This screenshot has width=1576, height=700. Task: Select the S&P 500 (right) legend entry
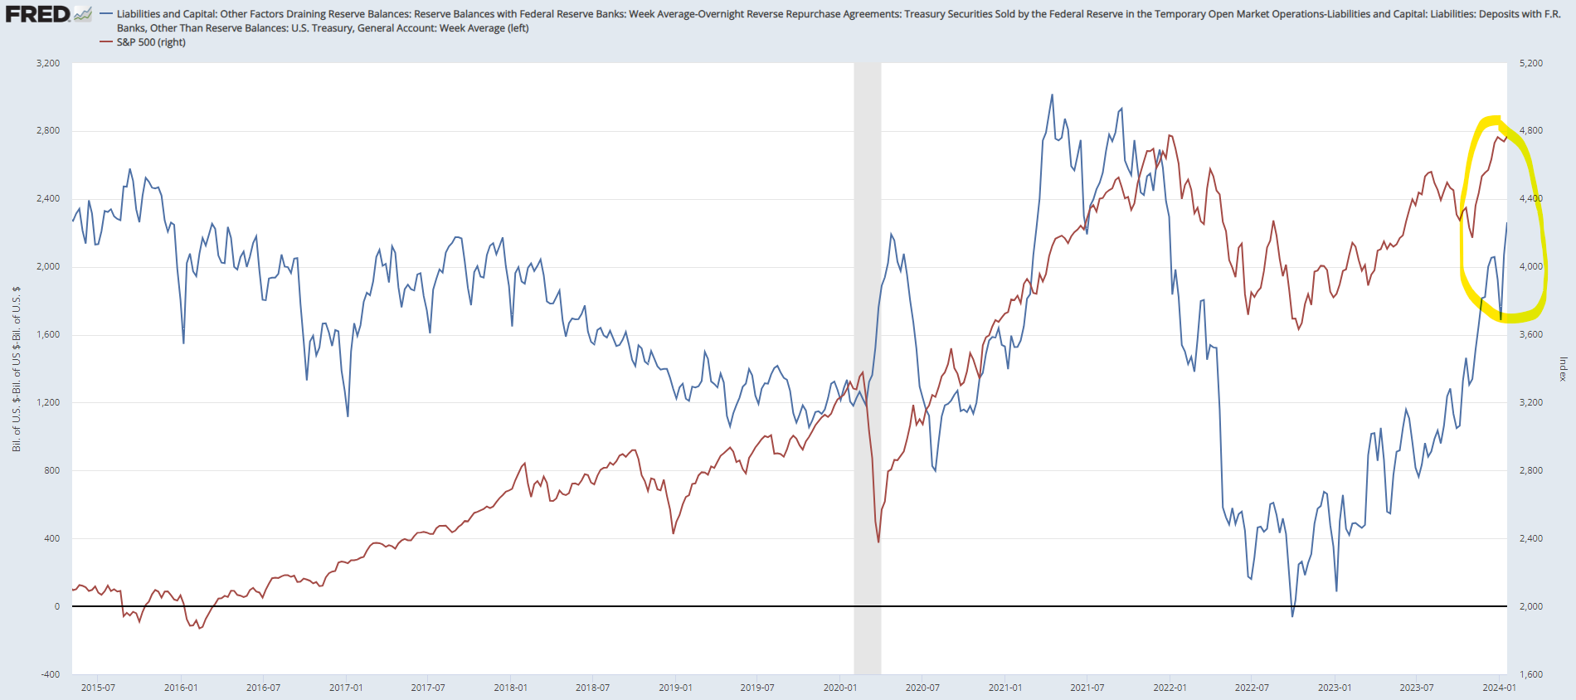(x=150, y=42)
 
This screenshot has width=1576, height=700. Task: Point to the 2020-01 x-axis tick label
(x=839, y=688)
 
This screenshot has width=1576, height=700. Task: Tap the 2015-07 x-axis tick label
(x=98, y=688)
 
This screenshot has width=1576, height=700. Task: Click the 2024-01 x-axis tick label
(x=1499, y=688)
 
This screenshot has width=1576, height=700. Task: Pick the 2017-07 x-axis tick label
(x=428, y=688)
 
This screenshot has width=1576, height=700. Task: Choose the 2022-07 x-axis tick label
(x=1252, y=688)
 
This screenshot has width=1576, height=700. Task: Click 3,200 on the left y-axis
(x=48, y=63)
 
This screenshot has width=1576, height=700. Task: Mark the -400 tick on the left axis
(x=51, y=674)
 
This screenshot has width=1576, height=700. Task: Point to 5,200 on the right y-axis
(x=1531, y=63)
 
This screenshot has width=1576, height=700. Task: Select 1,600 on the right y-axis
(x=1531, y=674)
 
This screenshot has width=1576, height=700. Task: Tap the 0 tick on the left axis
(x=56, y=606)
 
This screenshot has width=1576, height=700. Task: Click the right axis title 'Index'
(x=1563, y=369)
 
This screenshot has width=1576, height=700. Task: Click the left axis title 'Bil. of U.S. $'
(x=16, y=369)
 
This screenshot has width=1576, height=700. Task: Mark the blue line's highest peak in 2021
(x=1052, y=95)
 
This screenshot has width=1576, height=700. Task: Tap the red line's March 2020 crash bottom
(x=878, y=542)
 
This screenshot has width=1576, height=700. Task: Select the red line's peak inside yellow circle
(x=1498, y=137)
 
